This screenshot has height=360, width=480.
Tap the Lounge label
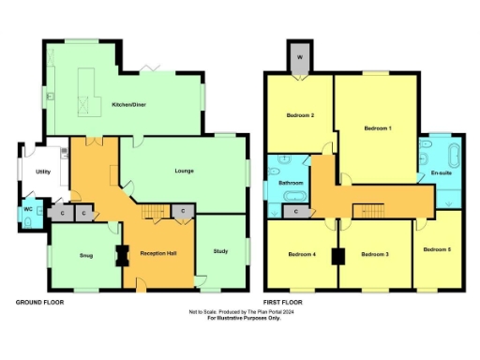[184, 171]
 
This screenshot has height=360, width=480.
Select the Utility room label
[43, 172]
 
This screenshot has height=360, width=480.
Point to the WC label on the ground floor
[28, 208]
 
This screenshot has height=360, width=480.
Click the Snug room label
[85, 255]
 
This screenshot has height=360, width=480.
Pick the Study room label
[220, 250]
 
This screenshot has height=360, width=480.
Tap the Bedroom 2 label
[299, 115]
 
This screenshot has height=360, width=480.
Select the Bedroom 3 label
[375, 254]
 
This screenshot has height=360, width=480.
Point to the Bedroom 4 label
[301, 254]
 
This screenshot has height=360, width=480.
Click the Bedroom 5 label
[436, 248]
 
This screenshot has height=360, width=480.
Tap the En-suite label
[440, 173]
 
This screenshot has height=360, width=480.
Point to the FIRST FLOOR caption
[287, 303]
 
